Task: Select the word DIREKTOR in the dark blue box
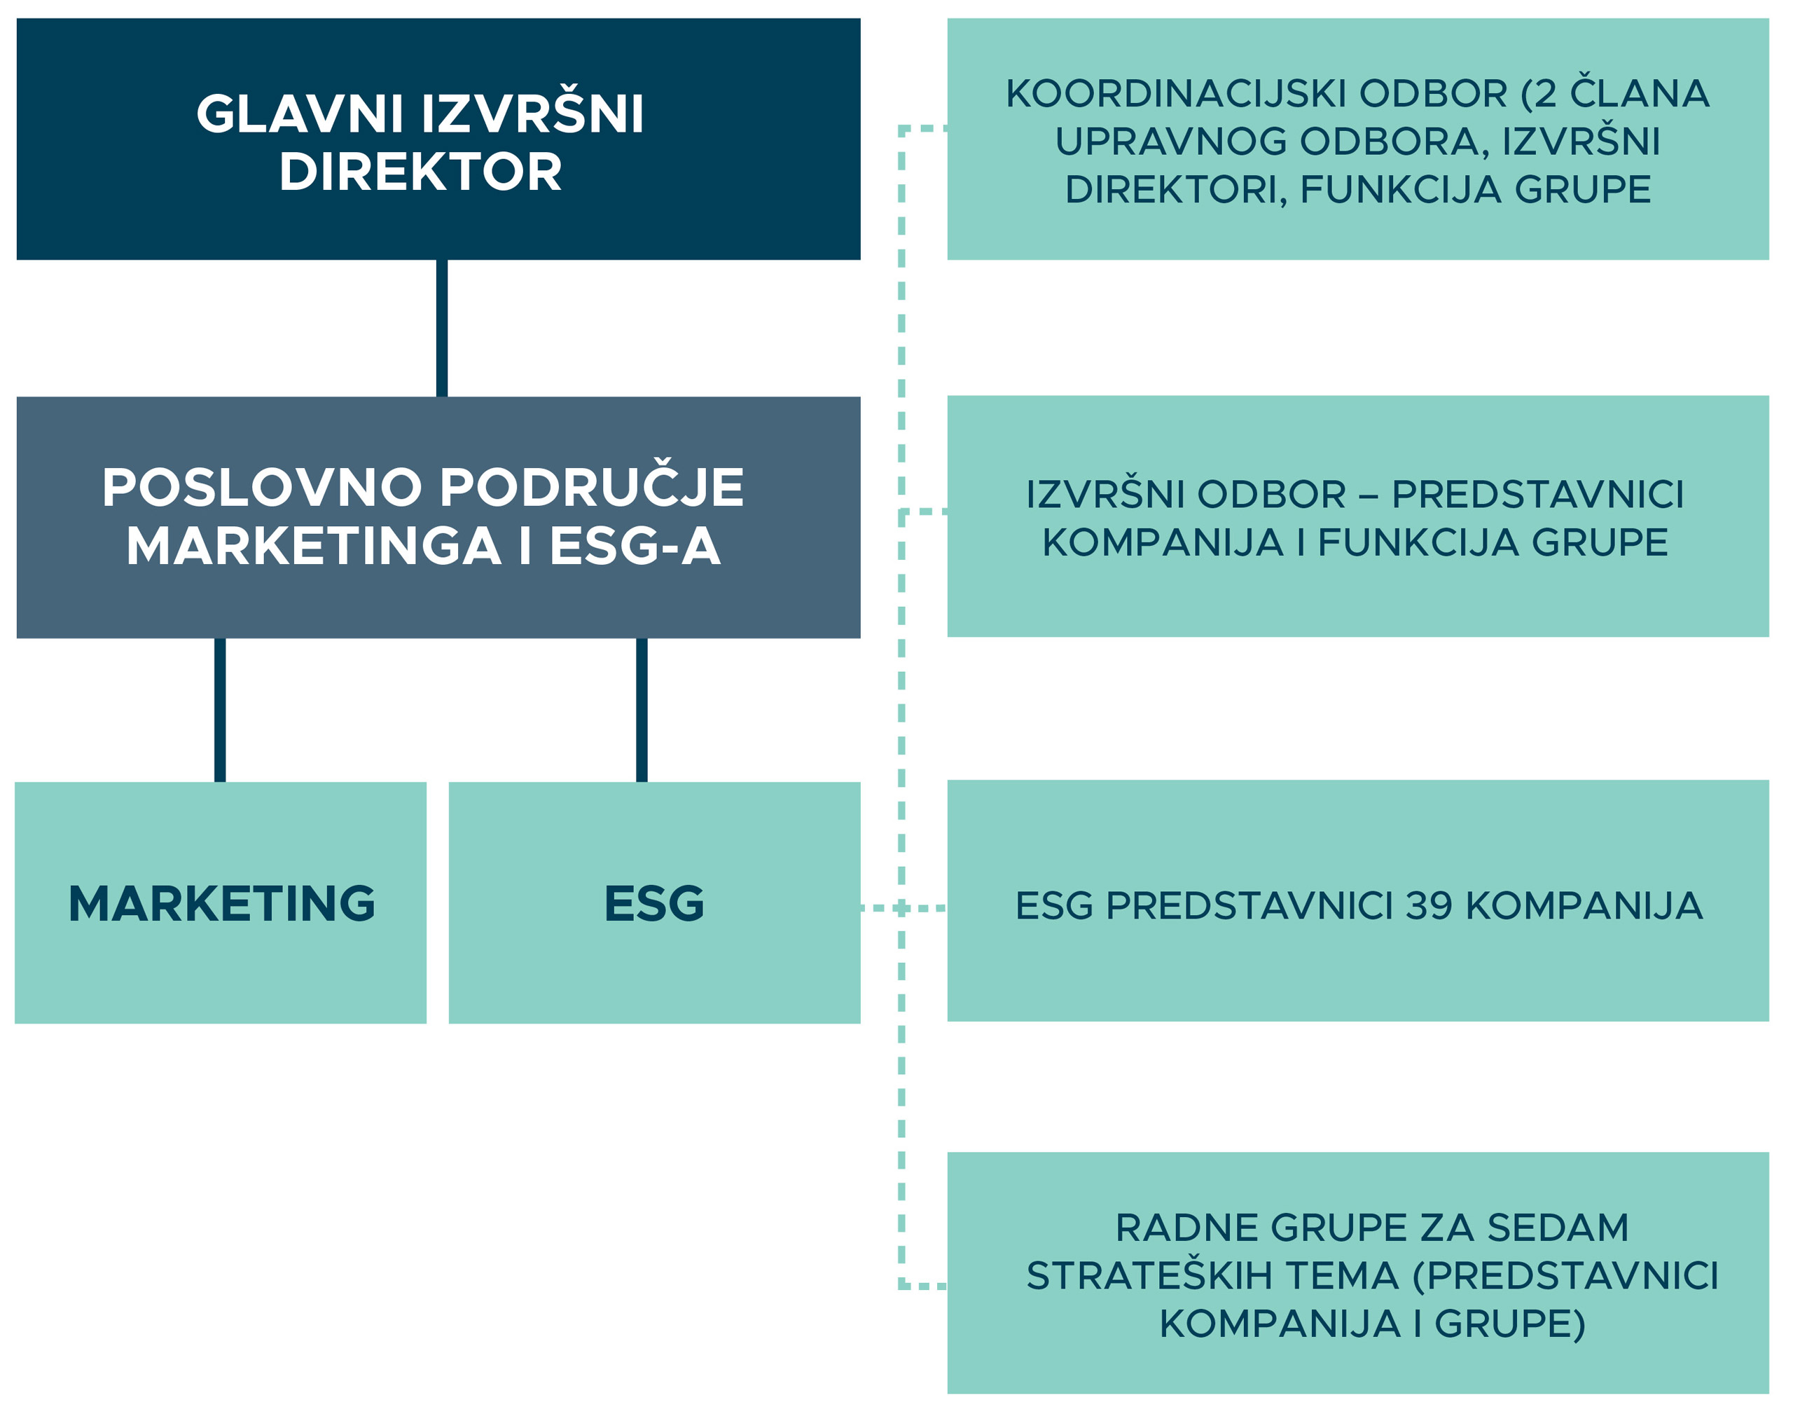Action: pos(421,172)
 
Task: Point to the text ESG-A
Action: pos(635,547)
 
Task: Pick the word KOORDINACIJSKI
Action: pos(1175,93)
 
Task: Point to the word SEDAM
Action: pos(1558,1228)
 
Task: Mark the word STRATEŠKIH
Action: pos(1149,1275)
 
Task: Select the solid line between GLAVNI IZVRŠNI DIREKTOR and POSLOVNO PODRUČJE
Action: pos(442,328)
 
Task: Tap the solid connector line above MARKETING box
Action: pos(219,710)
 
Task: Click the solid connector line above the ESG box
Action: pos(641,710)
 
